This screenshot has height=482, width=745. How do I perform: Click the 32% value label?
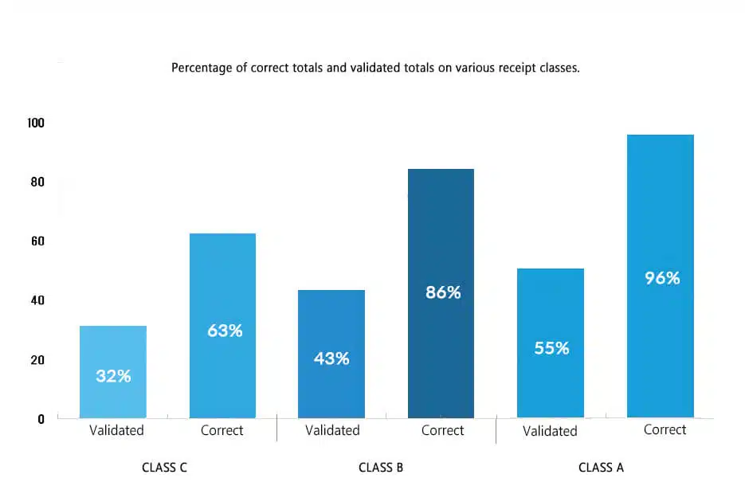pos(113,376)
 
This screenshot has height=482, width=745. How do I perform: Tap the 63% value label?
pos(225,331)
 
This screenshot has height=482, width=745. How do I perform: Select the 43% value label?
pos(331,359)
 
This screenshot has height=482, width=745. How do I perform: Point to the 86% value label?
pos(443,292)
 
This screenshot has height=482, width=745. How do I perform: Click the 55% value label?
pos(551,348)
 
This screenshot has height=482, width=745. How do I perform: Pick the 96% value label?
pos(662,278)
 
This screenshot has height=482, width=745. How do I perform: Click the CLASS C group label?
pos(164,468)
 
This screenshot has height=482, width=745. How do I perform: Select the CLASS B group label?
pos(381,468)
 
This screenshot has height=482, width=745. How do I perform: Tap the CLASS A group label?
pos(601,468)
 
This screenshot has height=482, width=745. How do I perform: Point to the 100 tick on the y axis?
pos(36,123)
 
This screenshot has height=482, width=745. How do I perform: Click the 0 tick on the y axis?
pos(41,419)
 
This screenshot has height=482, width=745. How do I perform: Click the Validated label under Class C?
pos(116,430)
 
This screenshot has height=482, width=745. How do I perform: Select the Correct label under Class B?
pos(442,430)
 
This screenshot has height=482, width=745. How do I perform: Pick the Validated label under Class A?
pos(550,431)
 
